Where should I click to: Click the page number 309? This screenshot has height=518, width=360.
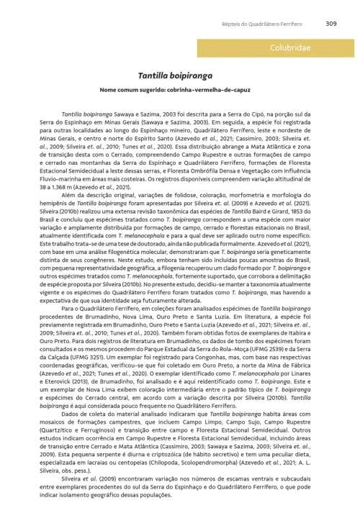click(331, 22)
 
